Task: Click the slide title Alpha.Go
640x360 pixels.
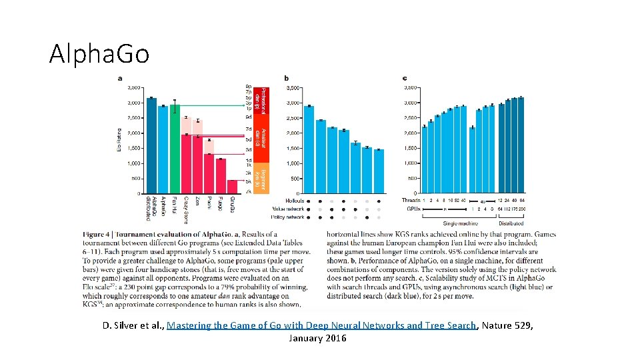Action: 99,53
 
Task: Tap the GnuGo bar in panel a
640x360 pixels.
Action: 232,187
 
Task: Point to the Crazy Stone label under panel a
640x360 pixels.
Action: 186,209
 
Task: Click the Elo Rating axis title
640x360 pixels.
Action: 119,141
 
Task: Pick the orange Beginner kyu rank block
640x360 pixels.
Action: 263,178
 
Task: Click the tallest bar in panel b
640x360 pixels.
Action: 309,149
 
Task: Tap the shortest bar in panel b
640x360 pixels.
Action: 379,171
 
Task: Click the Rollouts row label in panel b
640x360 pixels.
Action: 295,200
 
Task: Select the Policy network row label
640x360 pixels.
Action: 290,217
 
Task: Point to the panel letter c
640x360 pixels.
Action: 405,79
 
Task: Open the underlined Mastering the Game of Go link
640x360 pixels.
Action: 322,326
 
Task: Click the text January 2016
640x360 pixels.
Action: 317,339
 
